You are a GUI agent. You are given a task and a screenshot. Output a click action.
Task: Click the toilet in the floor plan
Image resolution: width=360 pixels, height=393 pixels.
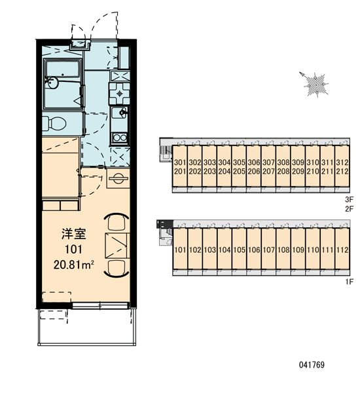pos(54,123)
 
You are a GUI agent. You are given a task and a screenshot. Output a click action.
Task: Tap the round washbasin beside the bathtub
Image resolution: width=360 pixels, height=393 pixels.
pos(53,82)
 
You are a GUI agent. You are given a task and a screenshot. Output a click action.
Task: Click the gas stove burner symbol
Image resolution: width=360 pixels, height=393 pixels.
pos(119,94)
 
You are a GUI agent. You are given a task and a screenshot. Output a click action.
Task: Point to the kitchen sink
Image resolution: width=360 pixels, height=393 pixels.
pos(119,113)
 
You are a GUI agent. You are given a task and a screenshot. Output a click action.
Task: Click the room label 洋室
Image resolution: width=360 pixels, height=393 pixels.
pos(74,234)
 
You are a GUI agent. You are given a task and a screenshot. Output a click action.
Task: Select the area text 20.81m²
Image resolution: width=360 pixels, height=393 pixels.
pos(74,264)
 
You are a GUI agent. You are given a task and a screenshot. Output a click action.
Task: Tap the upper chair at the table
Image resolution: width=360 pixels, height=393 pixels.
pos(117,222)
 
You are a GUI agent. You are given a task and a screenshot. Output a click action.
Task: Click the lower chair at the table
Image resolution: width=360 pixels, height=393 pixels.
pos(117,269)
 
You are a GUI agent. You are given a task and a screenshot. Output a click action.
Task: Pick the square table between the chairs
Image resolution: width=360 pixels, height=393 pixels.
pos(117,246)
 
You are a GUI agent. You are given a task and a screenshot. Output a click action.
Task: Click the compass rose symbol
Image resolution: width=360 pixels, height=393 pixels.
pos(315,84)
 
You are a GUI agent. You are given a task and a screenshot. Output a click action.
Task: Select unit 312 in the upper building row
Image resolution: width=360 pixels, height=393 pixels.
pos(342,162)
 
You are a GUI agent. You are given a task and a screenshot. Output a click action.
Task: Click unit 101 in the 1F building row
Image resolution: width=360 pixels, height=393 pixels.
pos(180,250)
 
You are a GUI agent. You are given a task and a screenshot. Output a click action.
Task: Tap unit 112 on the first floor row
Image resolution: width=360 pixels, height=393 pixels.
pos(342,250)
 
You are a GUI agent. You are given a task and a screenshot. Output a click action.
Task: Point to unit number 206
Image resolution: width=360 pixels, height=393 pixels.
pos(254,172)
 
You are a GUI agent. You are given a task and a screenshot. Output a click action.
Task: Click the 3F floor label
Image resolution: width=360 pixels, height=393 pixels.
pos(349,200)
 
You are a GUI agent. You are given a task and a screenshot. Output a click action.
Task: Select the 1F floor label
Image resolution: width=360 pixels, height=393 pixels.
pos(350,282)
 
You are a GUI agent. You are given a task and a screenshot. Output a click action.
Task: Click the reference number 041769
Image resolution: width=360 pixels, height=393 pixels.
pos(312,365)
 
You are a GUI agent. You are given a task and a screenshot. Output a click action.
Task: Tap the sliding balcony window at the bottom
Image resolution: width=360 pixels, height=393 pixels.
pos(100,305)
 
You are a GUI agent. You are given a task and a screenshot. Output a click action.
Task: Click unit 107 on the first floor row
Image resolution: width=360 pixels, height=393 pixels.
pos(268,250)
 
